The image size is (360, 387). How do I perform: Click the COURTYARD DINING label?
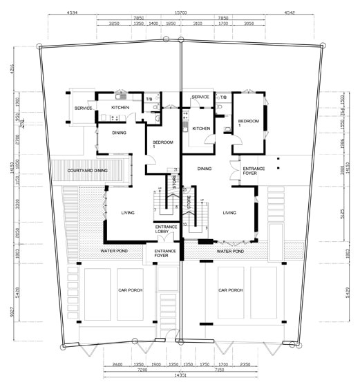[87, 171]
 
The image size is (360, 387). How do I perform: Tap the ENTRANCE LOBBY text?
[166, 229]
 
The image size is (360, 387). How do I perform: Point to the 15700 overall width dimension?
[182, 12]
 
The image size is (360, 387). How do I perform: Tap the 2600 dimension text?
[117, 363]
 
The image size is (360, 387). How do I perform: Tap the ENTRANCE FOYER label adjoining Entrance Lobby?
[165, 254]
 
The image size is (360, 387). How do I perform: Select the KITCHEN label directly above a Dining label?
[121, 108]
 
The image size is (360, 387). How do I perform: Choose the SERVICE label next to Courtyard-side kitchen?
[84, 108]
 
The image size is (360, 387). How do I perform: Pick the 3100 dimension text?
[198, 24]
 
